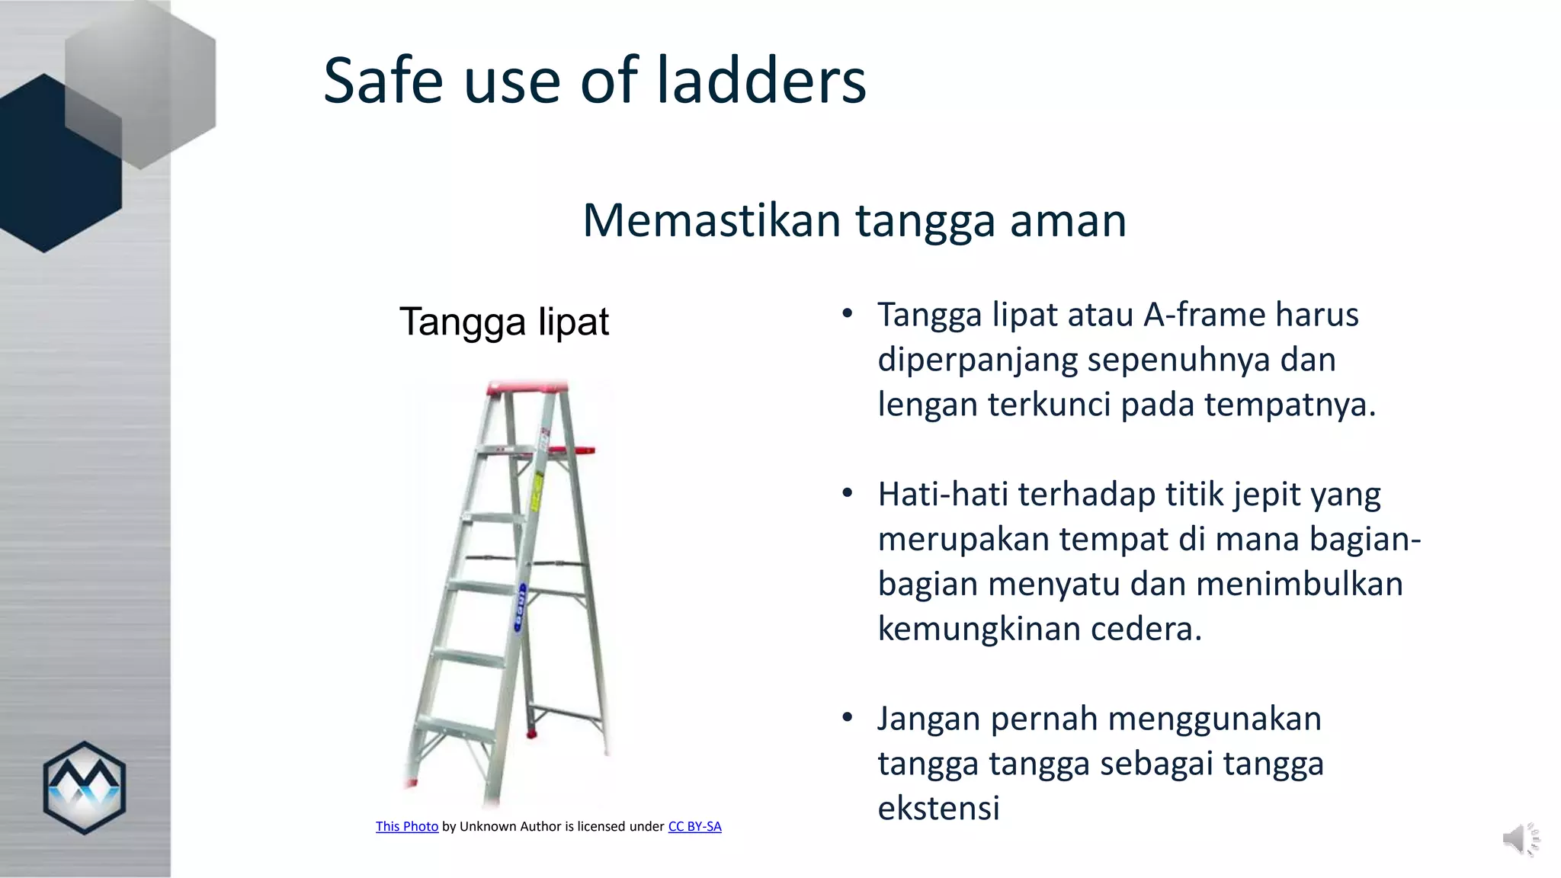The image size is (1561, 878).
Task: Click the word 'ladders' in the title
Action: point(761,80)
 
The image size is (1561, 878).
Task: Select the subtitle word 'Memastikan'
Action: point(711,220)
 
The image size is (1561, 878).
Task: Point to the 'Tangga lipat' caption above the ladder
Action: point(504,322)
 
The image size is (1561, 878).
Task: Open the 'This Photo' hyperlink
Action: point(407,826)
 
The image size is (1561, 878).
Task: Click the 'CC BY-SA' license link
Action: point(694,826)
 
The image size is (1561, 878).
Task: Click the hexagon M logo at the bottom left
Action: point(84,787)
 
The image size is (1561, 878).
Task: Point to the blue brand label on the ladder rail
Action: point(522,607)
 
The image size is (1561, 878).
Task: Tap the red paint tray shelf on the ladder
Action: point(572,450)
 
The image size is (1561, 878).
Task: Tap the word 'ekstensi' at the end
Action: point(938,809)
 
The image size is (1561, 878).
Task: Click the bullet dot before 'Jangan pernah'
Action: point(848,718)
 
